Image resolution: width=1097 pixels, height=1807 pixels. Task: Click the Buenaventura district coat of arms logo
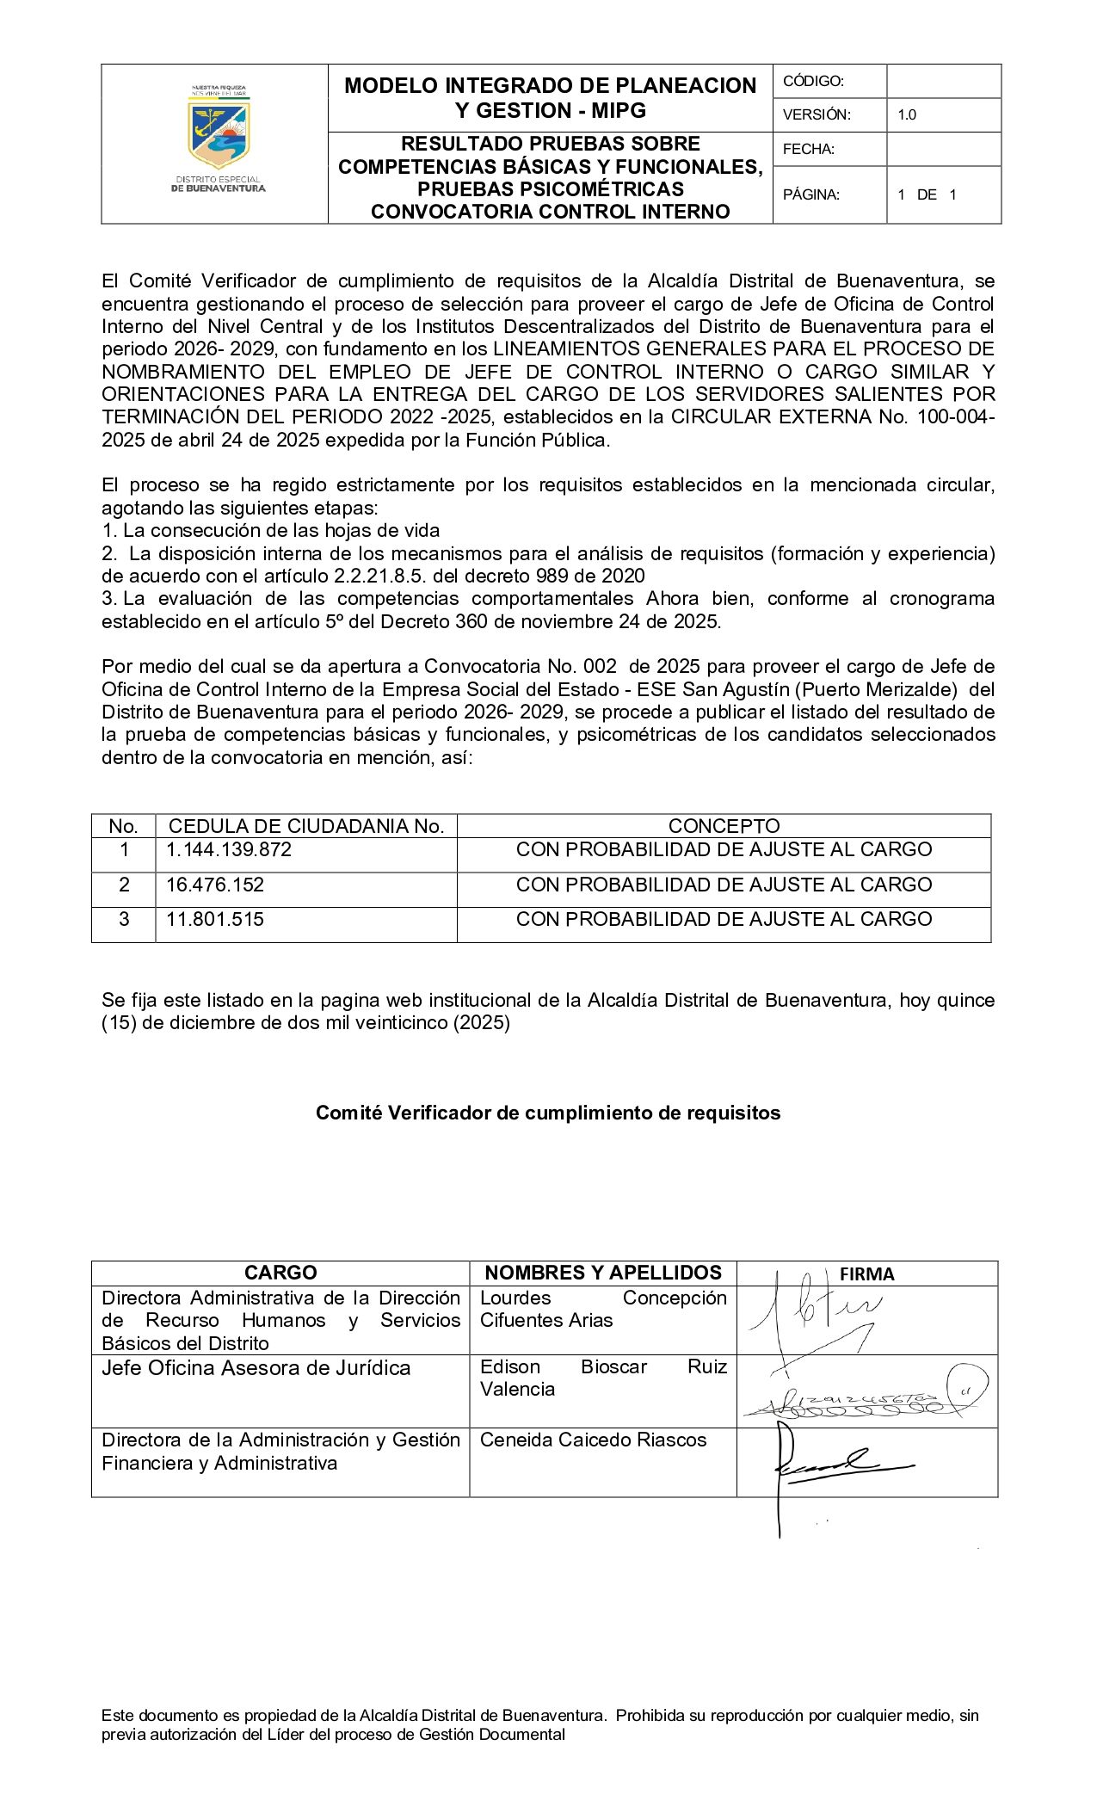(x=219, y=134)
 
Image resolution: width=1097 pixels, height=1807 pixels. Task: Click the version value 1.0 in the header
(x=907, y=114)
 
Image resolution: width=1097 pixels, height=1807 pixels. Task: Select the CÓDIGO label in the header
(x=813, y=81)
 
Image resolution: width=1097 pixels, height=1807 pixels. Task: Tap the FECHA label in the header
(x=809, y=149)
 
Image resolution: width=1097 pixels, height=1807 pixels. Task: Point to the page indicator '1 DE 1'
(x=927, y=194)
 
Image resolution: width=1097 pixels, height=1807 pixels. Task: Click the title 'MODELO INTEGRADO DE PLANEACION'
(x=551, y=85)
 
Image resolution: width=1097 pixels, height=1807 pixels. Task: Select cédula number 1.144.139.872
(x=229, y=849)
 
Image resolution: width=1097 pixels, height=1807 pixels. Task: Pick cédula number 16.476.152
(x=215, y=885)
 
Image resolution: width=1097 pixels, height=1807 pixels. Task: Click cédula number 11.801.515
(x=215, y=919)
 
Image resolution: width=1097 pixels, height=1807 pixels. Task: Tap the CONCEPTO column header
(x=724, y=826)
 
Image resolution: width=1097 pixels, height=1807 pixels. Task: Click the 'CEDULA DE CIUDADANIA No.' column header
(x=306, y=826)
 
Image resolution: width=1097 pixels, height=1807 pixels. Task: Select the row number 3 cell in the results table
(x=124, y=919)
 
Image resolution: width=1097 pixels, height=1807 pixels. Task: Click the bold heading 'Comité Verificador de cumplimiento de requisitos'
(x=548, y=1113)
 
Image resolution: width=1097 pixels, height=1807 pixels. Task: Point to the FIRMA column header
(x=866, y=1274)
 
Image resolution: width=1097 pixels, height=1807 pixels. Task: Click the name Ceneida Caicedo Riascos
(x=593, y=1440)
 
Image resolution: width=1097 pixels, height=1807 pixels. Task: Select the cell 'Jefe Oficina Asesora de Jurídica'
(x=256, y=1368)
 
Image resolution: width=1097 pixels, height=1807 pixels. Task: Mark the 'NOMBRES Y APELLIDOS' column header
(x=603, y=1273)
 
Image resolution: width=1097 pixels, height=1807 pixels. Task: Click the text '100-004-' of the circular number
(x=956, y=417)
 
